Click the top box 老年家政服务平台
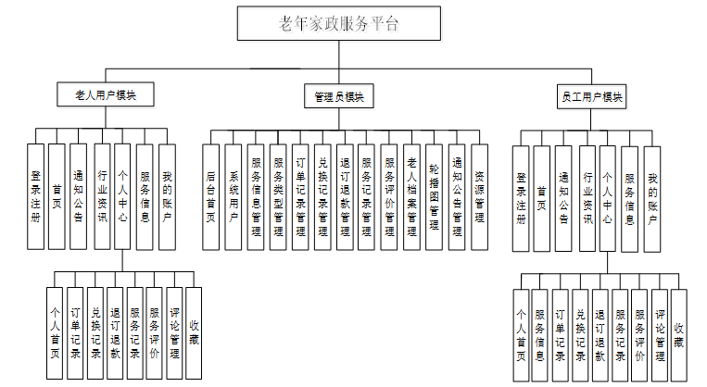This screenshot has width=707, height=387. tap(339, 24)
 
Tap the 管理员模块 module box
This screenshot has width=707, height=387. tap(339, 96)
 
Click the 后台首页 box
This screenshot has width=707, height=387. tap(211, 196)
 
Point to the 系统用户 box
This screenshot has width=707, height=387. tap(234, 196)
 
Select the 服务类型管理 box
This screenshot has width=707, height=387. tap(278, 196)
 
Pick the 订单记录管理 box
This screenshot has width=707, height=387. tap(300, 196)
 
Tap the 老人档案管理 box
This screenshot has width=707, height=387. tap(411, 196)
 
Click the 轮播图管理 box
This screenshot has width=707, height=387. tap(434, 196)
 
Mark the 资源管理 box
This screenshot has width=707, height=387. tap(479, 196)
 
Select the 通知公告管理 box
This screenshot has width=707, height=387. tap(456, 196)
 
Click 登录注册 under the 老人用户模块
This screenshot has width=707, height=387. tap(35, 196)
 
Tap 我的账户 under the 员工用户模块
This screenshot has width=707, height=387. tap(652, 198)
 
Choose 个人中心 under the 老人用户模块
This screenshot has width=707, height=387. tap(122, 196)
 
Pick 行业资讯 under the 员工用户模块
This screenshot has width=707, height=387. tap(587, 198)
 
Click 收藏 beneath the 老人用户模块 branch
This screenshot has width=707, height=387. tap(194, 333)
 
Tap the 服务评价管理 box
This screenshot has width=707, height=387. tap(389, 196)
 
